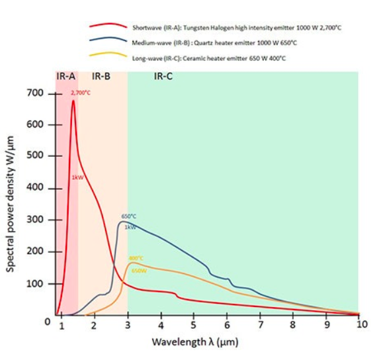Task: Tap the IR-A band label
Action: pos(66,77)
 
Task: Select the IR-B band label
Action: pos(101,77)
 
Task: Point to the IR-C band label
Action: pos(163,77)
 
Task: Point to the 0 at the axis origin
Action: pos(47,322)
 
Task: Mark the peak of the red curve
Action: pos(73,101)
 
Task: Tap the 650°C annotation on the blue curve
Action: pos(129,216)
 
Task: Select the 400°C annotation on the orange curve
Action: pos(136,259)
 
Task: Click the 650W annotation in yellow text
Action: pos(138,270)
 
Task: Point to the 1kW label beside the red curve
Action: pos(77,177)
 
